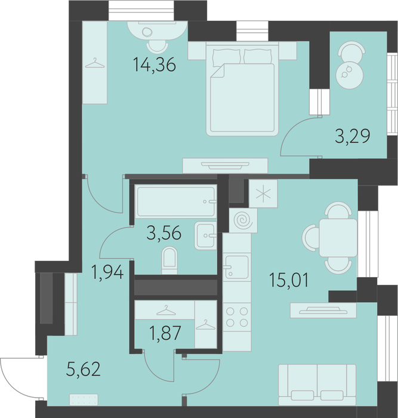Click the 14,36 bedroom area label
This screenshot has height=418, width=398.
tap(155, 64)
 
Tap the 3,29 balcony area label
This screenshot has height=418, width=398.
tap(353, 136)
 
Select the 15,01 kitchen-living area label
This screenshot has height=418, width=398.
tap(289, 280)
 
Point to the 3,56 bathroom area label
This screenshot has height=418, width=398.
tap(164, 233)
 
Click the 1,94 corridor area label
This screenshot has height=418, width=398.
tap(107, 272)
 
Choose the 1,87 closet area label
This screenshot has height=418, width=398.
tap(165, 333)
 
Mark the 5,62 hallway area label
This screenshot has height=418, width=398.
tap(84, 369)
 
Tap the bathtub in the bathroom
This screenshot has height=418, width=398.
tap(176, 201)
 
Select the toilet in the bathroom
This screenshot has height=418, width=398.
tap(169, 260)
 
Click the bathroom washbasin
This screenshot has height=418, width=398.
tap(205, 235)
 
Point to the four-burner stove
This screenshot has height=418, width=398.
tap(237, 317)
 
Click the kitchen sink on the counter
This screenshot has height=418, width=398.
tap(237, 267)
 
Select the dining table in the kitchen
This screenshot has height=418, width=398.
tap(338, 238)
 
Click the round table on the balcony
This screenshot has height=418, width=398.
tap(349, 75)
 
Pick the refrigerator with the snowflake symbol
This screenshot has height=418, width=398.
tap(263, 193)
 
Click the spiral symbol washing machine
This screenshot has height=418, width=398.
tap(243, 220)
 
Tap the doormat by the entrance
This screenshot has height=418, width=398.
tap(84, 399)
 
